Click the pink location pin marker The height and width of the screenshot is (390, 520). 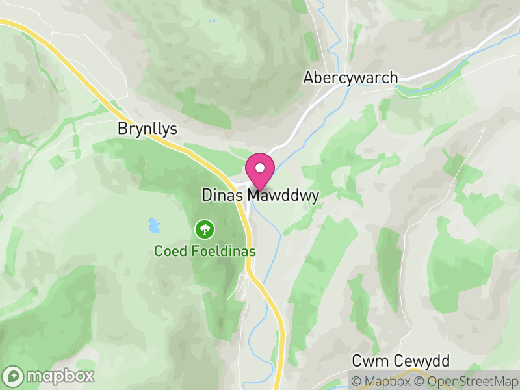click(x=260, y=170)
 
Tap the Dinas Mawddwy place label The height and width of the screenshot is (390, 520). click(x=260, y=195)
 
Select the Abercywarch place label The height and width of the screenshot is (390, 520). click(x=350, y=77)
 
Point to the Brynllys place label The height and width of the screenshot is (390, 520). click(x=148, y=129)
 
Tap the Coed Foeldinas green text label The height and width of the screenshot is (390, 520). click(x=205, y=251)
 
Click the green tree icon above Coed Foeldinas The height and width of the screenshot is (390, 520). click(x=205, y=229)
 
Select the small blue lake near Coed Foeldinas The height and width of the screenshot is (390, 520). click(x=153, y=226)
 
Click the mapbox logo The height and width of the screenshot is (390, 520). click(x=49, y=376)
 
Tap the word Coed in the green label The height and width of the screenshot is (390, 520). click(x=166, y=251)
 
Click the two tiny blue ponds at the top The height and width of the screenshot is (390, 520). click(x=211, y=21)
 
